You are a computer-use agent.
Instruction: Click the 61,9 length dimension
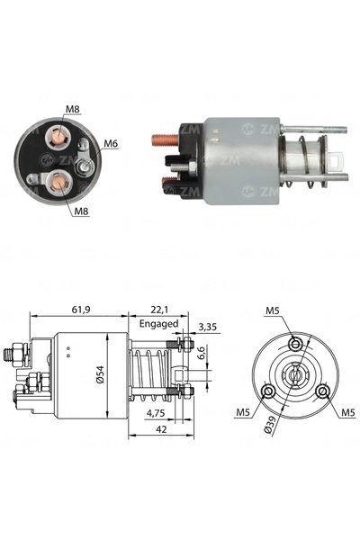click(81, 310)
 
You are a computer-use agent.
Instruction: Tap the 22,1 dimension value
click(159, 310)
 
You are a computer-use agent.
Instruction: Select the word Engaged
click(158, 324)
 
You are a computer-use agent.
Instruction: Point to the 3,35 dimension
click(208, 327)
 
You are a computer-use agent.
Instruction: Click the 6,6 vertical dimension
click(202, 353)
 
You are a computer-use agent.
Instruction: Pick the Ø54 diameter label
click(100, 374)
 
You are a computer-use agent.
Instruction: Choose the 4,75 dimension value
click(156, 412)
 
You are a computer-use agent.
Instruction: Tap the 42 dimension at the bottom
click(161, 429)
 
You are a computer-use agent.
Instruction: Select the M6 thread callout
click(111, 143)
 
